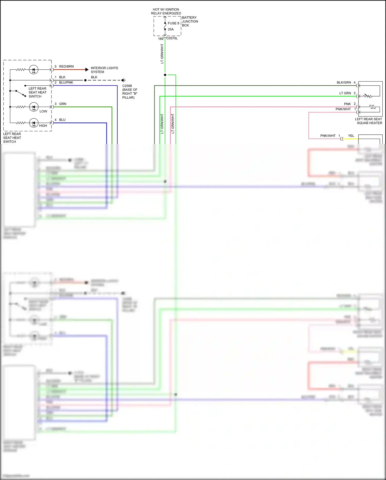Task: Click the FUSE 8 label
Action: tap(173, 23)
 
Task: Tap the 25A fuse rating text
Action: tap(171, 29)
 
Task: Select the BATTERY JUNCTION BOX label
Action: tap(190, 21)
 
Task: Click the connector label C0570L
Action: tap(172, 38)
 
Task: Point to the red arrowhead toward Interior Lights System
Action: tap(87, 69)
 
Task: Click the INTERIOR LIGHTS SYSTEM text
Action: tap(104, 70)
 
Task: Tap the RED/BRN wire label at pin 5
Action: tap(66, 67)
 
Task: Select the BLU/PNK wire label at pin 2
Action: tap(66, 83)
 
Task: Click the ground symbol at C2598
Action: tap(124, 80)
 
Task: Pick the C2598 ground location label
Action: tap(130, 92)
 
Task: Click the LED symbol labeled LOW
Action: tap(34, 107)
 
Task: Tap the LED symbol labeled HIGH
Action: tap(34, 123)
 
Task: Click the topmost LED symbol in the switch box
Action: tap(34, 69)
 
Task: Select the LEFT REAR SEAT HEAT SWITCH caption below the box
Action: tap(12, 138)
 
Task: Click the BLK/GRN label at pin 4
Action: tap(344, 83)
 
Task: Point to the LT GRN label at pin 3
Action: tap(345, 93)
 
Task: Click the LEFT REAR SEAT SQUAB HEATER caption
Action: tap(369, 121)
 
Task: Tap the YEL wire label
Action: tap(351, 136)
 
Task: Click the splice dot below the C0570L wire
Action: tap(165, 75)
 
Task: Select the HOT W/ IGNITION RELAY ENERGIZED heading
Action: tap(166, 11)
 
